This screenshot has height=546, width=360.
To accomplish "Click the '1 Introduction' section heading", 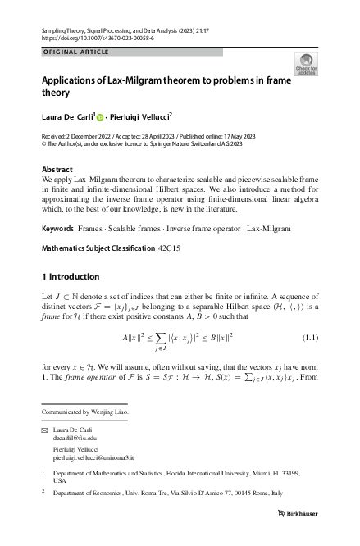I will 70,276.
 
